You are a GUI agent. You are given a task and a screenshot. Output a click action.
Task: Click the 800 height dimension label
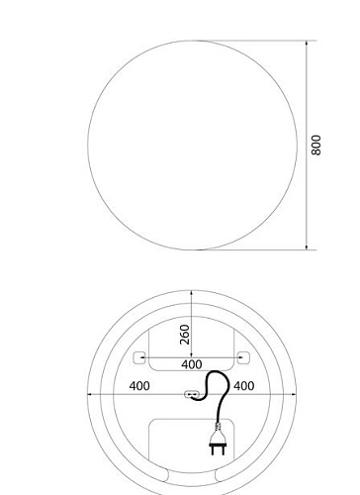point(315,145)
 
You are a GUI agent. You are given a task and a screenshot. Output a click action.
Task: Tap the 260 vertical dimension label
point(185,335)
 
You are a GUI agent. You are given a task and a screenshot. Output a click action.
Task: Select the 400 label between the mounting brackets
point(192,364)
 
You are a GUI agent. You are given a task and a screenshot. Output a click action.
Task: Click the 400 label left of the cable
point(139,386)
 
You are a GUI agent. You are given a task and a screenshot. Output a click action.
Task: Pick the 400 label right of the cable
point(244,386)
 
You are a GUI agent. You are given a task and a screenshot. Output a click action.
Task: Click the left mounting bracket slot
point(139,357)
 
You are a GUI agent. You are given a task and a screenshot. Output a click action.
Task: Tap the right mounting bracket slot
point(243,357)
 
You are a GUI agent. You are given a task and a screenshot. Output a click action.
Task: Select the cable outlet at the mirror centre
point(192,394)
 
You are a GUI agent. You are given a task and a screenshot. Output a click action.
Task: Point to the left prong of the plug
point(214,450)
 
